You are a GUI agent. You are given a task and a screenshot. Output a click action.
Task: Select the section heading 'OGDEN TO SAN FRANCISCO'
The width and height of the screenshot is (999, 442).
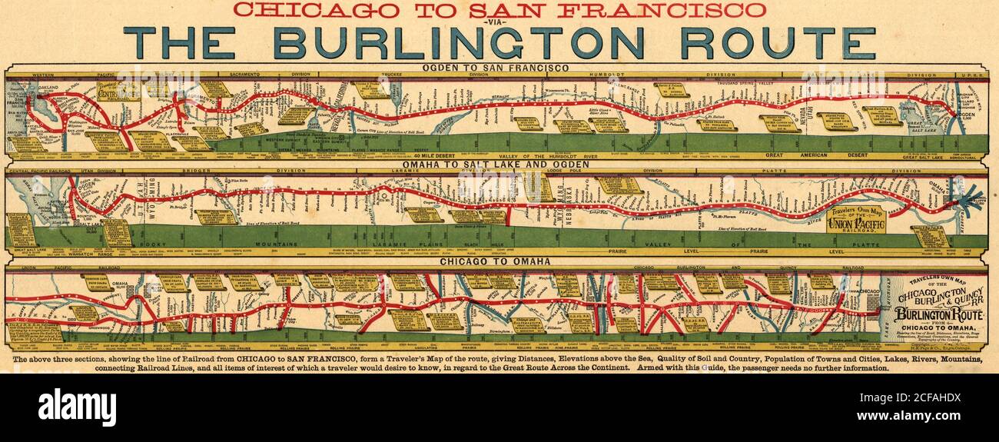(x=496, y=68)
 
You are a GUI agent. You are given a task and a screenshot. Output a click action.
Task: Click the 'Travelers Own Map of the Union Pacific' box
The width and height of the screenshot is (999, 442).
(x=855, y=220)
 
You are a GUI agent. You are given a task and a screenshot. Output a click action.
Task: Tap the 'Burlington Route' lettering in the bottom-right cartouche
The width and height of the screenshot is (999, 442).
(x=938, y=316)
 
